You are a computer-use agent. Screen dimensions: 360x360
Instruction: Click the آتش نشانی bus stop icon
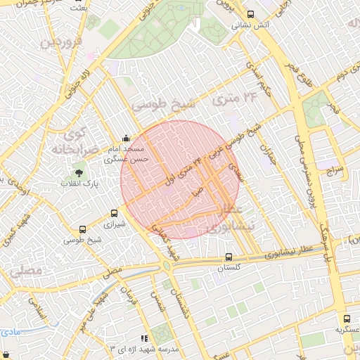pos(251,14)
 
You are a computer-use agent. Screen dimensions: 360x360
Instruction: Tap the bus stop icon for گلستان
pos(229,257)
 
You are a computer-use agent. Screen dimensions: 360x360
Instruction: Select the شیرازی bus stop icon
pos(115,214)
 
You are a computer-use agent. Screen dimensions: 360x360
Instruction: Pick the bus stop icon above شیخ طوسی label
pos(83,229)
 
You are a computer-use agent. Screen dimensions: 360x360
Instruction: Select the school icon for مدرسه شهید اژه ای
pos(144,338)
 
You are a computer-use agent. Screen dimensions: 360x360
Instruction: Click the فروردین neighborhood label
pos(61,46)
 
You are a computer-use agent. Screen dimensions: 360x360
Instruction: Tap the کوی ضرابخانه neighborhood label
pos(71,141)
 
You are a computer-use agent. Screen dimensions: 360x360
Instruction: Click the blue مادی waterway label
pos(10,330)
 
